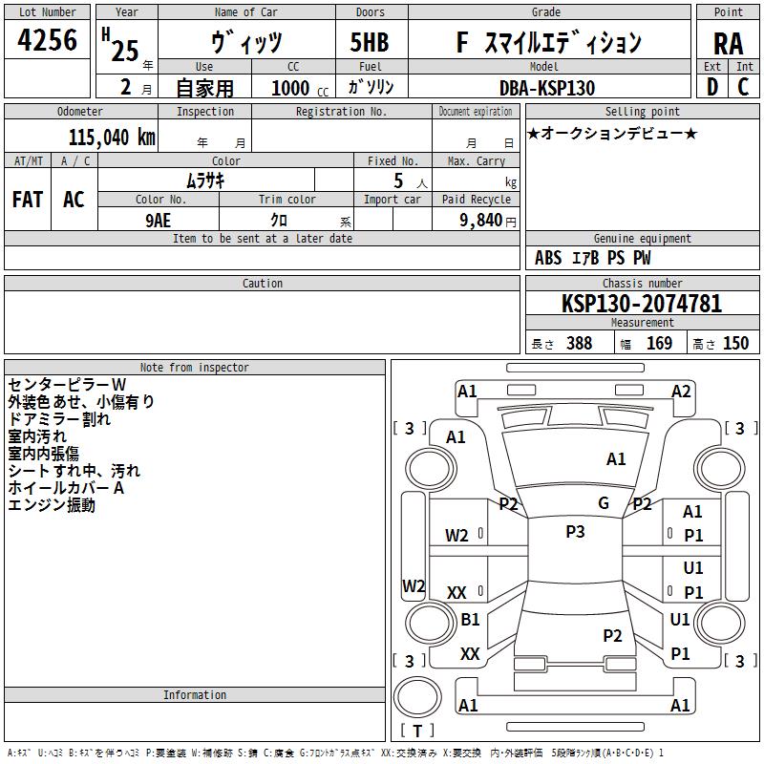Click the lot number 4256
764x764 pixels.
click(x=47, y=40)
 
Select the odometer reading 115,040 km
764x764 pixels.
click(x=112, y=138)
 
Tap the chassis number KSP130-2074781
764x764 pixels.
click(x=642, y=304)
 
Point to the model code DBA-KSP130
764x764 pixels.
click(x=547, y=88)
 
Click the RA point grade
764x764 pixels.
click(x=729, y=44)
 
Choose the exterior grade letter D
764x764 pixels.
click(x=712, y=87)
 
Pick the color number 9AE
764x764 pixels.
click(x=159, y=221)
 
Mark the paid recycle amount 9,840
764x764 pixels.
click(x=481, y=221)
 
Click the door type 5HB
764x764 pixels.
click(x=370, y=42)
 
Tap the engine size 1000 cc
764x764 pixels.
click(x=300, y=88)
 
